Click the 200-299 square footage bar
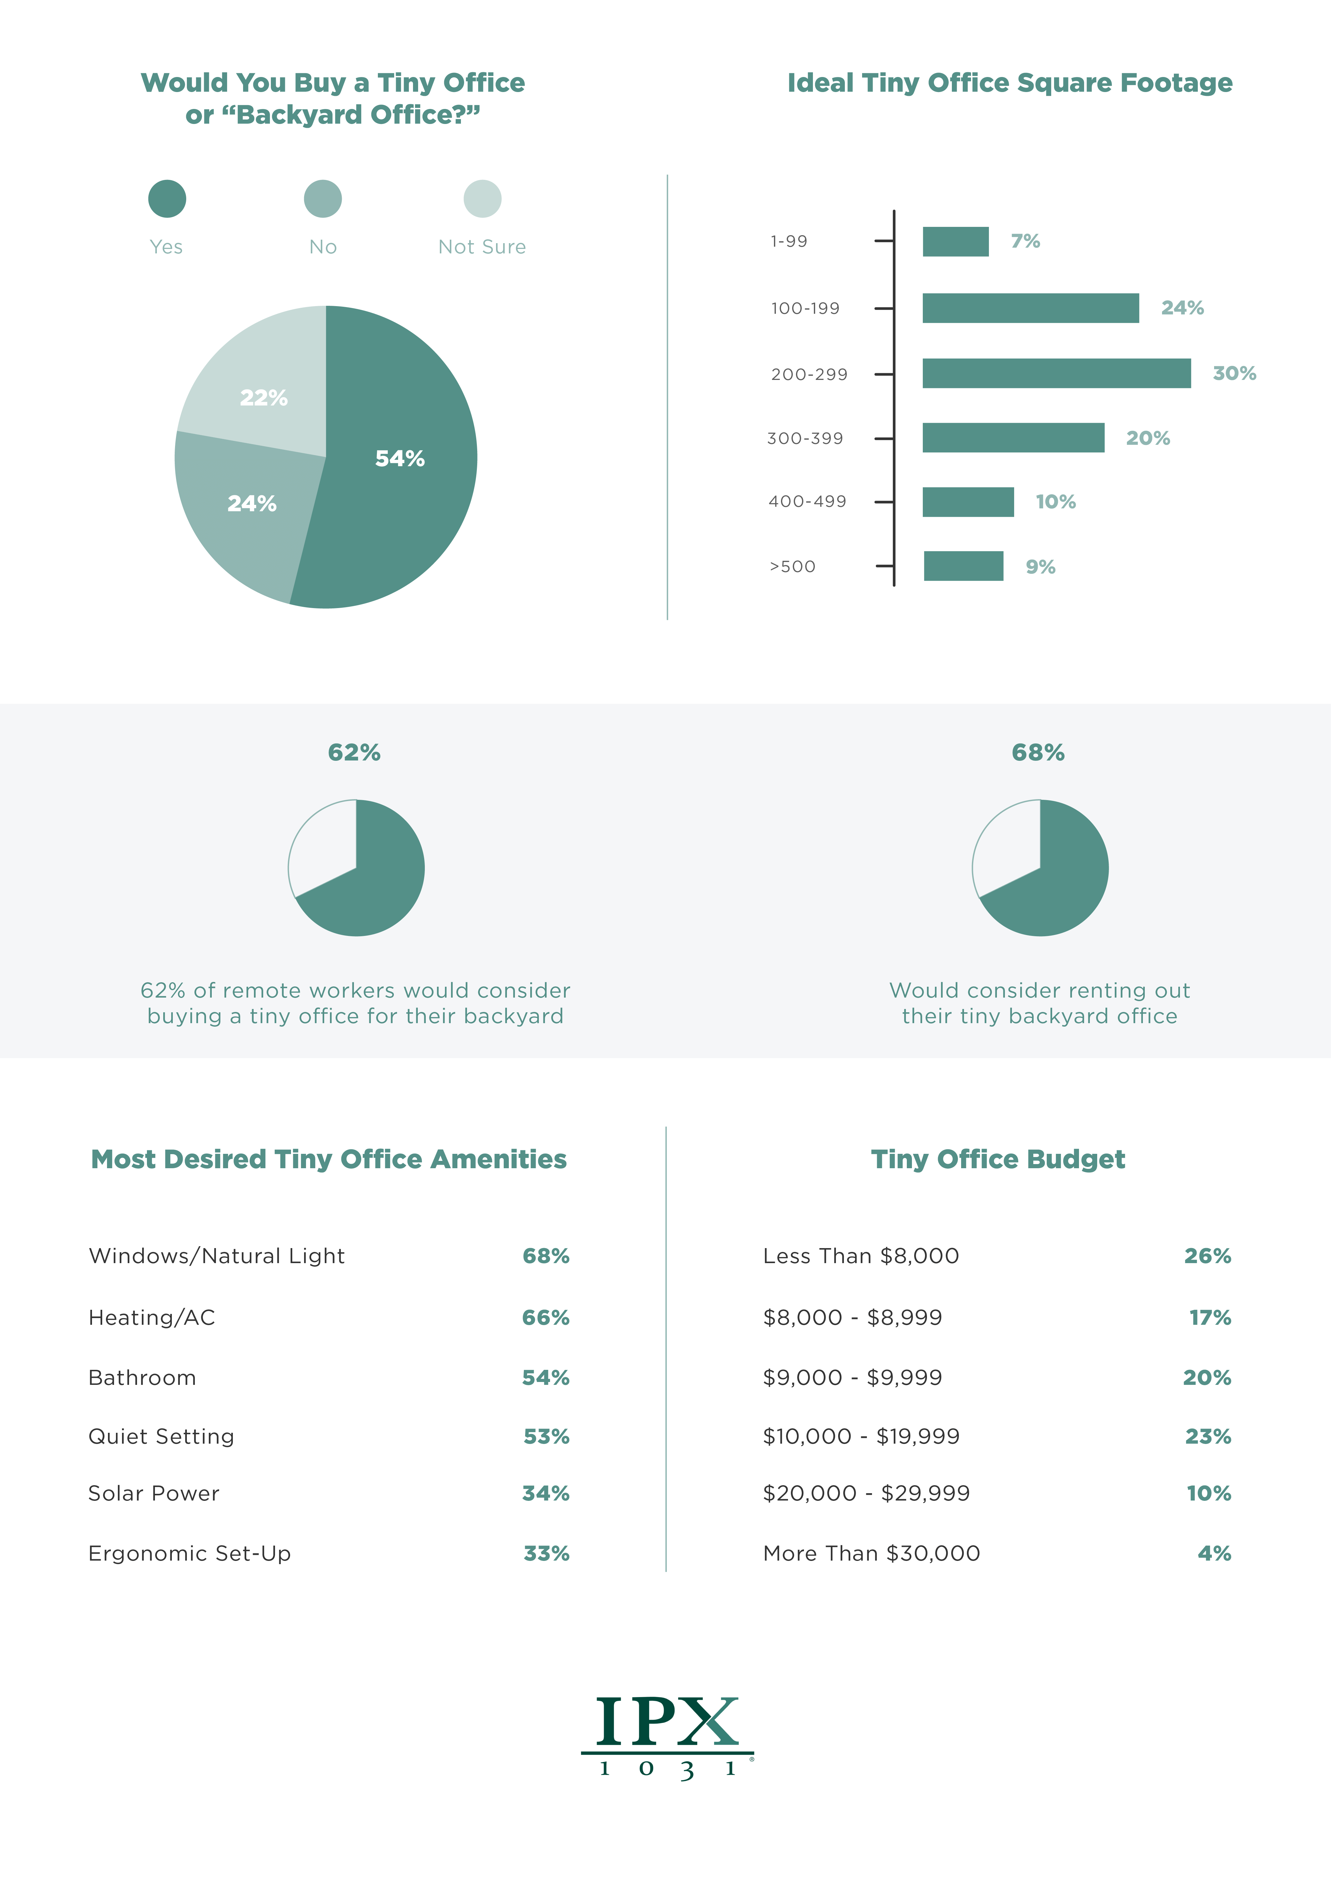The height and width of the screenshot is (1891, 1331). (x=1056, y=373)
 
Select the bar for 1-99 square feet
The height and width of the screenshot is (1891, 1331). (x=955, y=241)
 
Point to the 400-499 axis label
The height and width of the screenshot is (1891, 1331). (x=807, y=502)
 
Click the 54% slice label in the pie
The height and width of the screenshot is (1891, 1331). (x=400, y=459)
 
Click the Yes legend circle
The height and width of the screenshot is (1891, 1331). (x=167, y=198)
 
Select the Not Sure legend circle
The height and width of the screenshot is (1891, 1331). (x=482, y=198)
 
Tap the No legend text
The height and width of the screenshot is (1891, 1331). (x=323, y=247)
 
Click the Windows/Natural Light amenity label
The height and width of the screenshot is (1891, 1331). (x=217, y=1256)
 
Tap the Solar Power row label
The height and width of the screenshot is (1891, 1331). (x=154, y=1493)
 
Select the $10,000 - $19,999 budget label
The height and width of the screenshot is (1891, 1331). (x=861, y=1436)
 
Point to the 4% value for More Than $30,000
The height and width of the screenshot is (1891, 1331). (x=1214, y=1553)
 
